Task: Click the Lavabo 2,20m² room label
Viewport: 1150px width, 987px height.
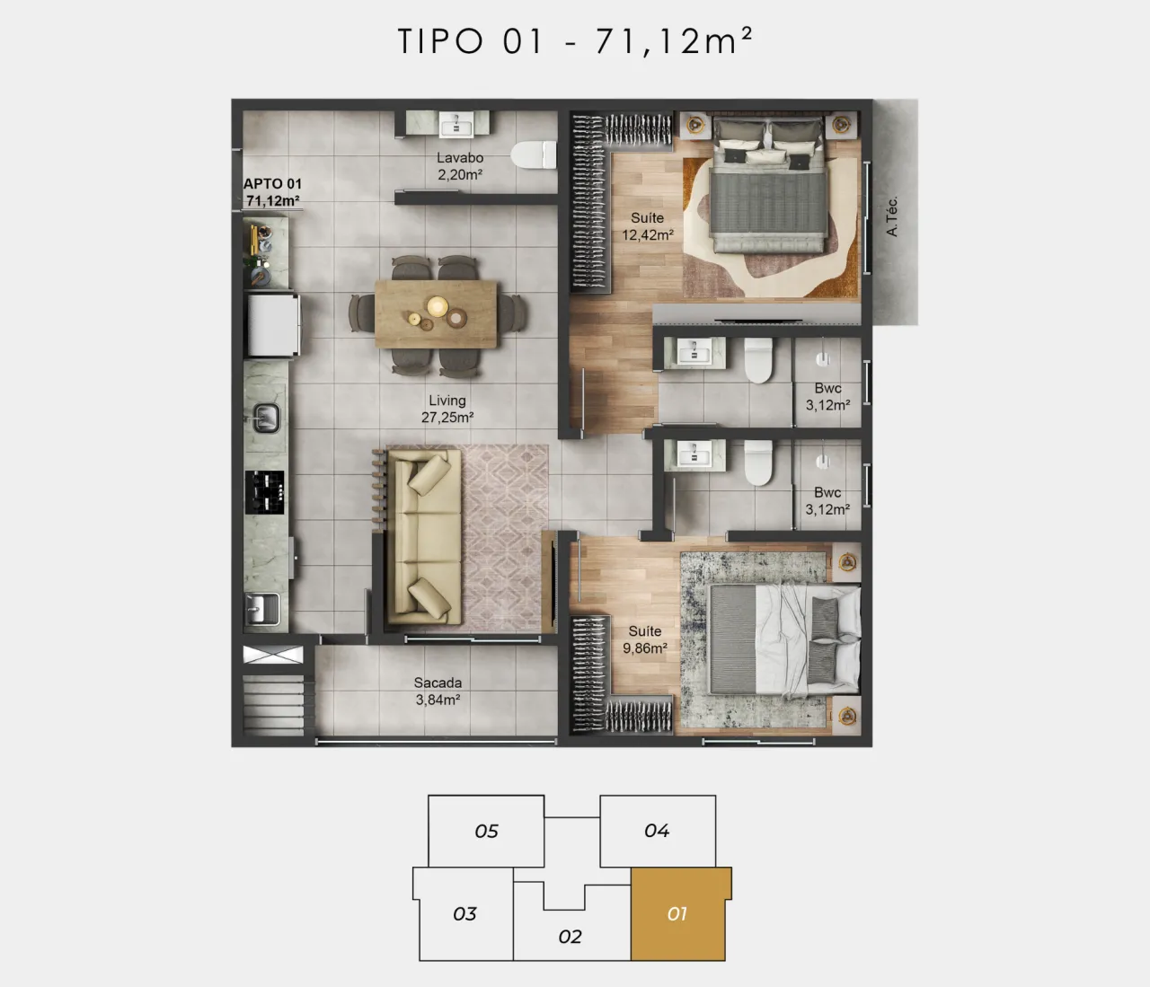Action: (x=460, y=166)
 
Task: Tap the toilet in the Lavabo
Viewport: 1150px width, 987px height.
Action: (x=534, y=154)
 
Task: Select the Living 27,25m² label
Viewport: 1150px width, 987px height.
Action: (x=447, y=409)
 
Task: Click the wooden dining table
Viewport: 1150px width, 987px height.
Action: (x=436, y=313)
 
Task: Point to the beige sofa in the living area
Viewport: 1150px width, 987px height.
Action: (x=424, y=536)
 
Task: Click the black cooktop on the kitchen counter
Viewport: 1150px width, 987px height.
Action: (x=265, y=492)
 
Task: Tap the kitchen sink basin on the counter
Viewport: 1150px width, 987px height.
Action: (x=267, y=418)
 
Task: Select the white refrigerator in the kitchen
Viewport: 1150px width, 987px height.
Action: (x=272, y=325)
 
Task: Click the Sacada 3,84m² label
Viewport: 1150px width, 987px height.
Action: (x=438, y=691)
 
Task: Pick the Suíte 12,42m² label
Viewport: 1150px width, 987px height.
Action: (x=648, y=226)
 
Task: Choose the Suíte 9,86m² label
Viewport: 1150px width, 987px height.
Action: (x=645, y=639)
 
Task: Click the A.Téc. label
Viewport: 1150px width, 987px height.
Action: (x=892, y=216)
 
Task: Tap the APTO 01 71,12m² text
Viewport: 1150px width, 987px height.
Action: (x=272, y=192)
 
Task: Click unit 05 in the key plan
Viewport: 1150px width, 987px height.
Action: (x=486, y=831)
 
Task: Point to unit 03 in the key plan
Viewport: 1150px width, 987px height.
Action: (x=464, y=913)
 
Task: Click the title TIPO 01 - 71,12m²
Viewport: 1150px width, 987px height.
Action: (x=575, y=41)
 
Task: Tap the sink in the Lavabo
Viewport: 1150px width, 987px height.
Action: (x=456, y=125)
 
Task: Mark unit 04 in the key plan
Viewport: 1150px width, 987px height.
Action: (x=658, y=831)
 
